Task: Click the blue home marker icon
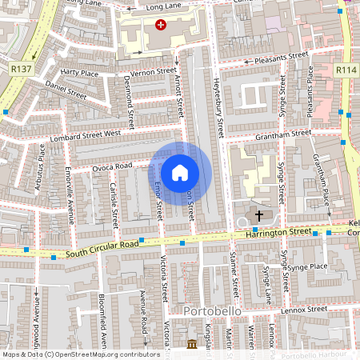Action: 180,172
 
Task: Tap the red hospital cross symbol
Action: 162,26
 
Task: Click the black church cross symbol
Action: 258,215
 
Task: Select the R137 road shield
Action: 22,70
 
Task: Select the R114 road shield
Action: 346,70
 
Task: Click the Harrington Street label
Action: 278,231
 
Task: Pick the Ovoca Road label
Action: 111,166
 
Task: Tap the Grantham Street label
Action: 283,134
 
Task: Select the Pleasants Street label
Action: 281,57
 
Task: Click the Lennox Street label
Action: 306,308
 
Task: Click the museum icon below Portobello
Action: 192,344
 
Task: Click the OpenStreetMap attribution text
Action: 81,354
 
